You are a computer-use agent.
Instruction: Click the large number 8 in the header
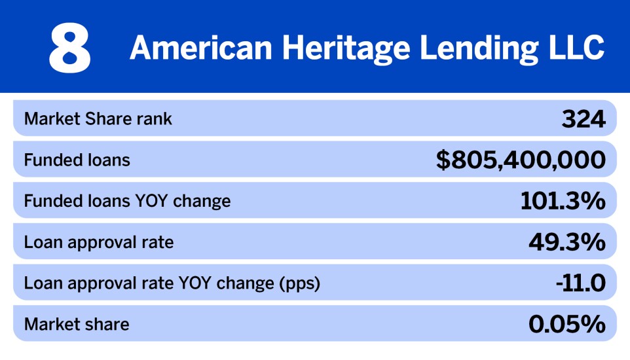[x=70, y=48]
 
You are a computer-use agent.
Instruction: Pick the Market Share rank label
[x=98, y=119]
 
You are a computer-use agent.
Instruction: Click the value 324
[x=584, y=119]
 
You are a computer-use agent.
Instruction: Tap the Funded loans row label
[x=77, y=160]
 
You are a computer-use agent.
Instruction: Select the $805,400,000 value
[x=521, y=160]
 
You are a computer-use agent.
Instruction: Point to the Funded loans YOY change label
[x=128, y=200]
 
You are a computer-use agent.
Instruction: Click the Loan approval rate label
[x=99, y=242]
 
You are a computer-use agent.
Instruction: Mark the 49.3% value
[x=567, y=242]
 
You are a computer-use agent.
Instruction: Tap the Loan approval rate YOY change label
[x=172, y=283]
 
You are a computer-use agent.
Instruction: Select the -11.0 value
[x=578, y=283]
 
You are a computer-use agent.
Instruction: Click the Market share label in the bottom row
[x=77, y=323]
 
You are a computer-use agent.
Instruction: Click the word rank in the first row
[x=158, y=119]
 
